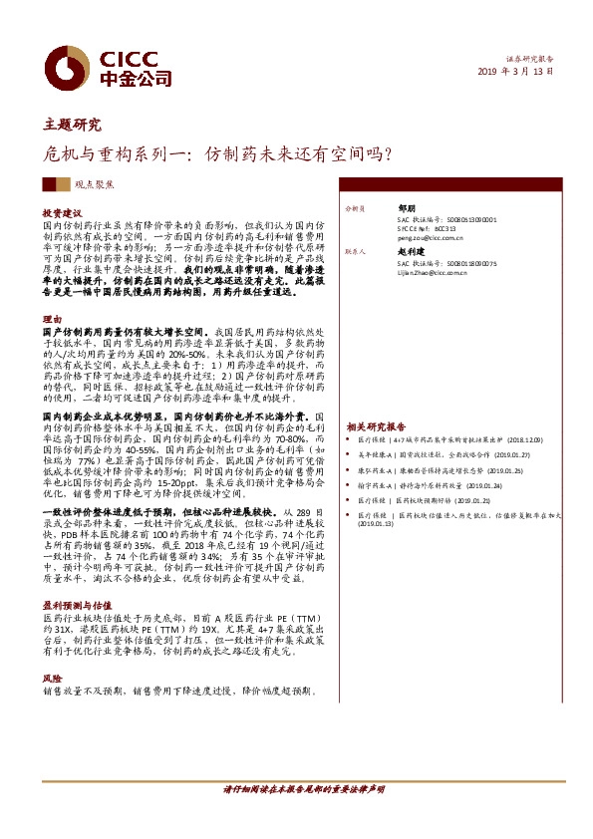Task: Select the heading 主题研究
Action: (73, 126)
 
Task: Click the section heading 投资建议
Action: (62, 214)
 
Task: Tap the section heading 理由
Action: (52, 320)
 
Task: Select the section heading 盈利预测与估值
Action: (75, 606)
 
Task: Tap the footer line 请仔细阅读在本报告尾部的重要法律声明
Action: (303, 790)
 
